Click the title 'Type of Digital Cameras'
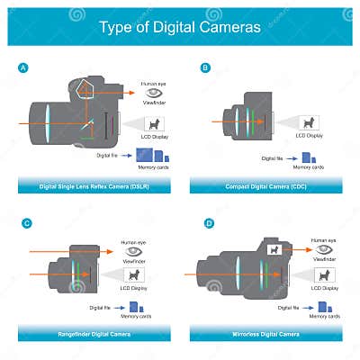tap(180, 27)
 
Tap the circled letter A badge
tap(22, 67)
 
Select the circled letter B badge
tap(205, 67)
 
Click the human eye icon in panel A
tap(154, 94)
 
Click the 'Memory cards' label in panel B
tap(308, 167)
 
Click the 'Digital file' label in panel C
tap(87, 306)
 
